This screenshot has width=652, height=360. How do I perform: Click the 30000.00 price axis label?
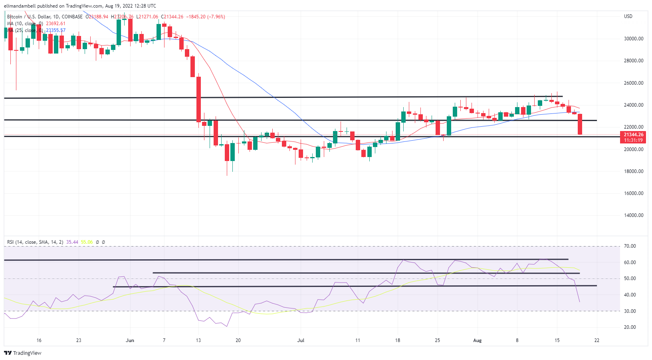(x=634, y=39)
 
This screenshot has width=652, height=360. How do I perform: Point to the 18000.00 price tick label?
(x=634, y=171)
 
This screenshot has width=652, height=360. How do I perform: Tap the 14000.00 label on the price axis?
(x=634, y=215)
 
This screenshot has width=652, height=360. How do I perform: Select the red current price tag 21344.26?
(x=633, y=135)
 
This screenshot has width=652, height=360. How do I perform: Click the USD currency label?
(x=628, y=16)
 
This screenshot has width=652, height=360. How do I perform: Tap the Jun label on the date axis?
(x=130, y=340)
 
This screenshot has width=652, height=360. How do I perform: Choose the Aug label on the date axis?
(x=477, y=340)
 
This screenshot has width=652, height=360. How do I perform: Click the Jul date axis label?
(x=301, y=340)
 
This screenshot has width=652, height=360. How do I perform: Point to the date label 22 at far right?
(x=597, y=340)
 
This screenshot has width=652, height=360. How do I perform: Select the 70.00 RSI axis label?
(x=630, y=246)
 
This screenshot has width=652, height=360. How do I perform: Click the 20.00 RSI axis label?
(x=630, y=327)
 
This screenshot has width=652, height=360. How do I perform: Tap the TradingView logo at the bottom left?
(x=23, y=353)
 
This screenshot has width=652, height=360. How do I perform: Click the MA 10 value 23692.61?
(x=55, y=24)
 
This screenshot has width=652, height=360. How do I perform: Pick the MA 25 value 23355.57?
(x=55, y=30)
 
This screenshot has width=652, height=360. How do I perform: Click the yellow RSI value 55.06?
(x=87, y=242)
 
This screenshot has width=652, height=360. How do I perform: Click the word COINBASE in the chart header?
(x=72, y=17)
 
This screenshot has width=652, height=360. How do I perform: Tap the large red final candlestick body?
(x=580, y=124)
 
